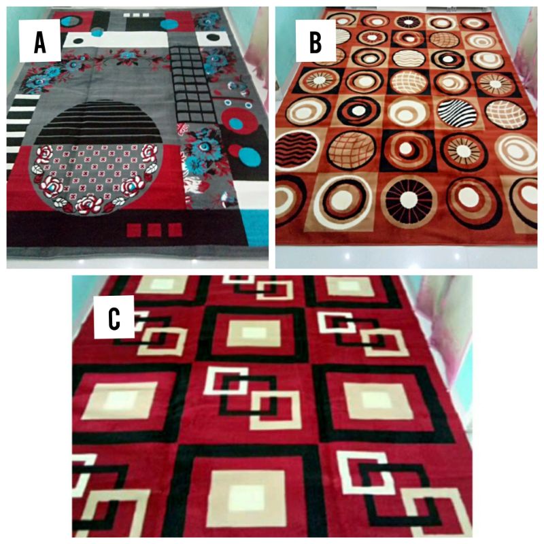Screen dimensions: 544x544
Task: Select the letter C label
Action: click(114, 316)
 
